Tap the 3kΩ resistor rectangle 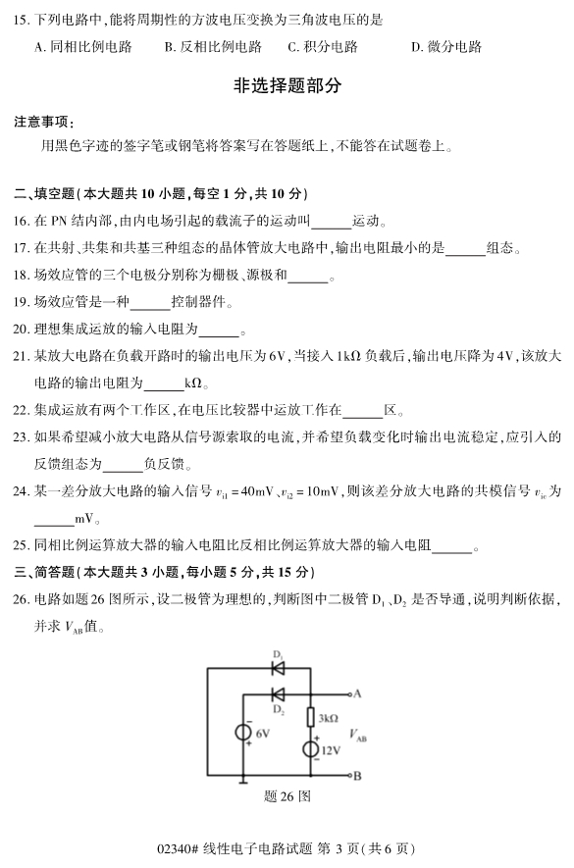pyautogui.click(x=311, y=719)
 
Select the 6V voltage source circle pyautogui.click(x=241, y=733)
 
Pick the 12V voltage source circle pyautogui.click(x=310, y=750)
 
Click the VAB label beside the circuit pyautogui.click(x=360, y=734)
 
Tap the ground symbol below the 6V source pyautogui.click(x=241, y=782)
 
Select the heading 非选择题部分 pyautogui.click(x=287, y=86)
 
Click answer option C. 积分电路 pyautogui.click(x=323, y=46)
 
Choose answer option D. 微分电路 pyautogui.click(x=446, y=46)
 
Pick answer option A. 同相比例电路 pyautogui.click(x=82, y=46)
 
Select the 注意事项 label pyautogui.click(x=44, y=122)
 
